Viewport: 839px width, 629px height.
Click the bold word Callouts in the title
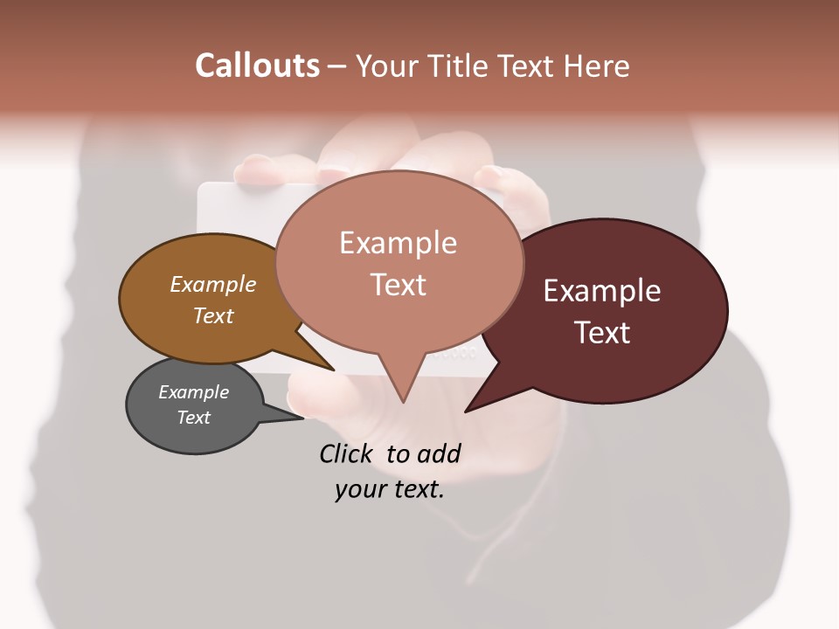257,66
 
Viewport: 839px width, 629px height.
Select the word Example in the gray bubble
193,392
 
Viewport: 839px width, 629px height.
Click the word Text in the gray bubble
193,418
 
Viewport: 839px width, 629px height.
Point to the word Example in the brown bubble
212,284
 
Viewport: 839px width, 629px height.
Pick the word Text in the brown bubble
212,315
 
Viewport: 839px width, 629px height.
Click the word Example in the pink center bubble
398,243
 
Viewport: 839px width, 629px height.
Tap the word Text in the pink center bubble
398,285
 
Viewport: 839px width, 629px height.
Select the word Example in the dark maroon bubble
601,291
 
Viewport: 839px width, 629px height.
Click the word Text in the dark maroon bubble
601,333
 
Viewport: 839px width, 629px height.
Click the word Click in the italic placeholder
349,453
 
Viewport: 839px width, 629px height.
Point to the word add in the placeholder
438,453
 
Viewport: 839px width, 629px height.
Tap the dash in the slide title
337,66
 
